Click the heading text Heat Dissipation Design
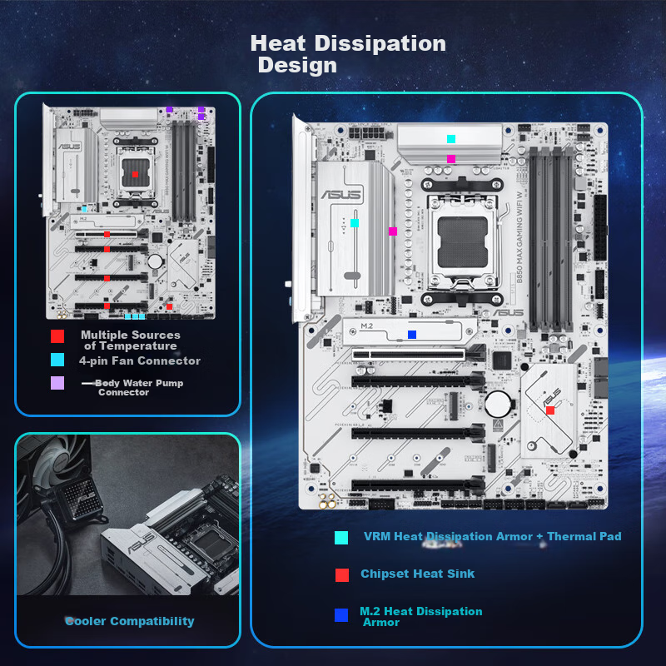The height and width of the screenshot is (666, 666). click(348, 53)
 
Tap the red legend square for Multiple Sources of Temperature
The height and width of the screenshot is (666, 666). click(57, 336)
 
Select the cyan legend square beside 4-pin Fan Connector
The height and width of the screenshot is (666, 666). click(57, 360)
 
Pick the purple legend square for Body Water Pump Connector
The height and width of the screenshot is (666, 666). click(57, 383)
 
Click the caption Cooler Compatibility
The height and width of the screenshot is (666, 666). click(130, 621)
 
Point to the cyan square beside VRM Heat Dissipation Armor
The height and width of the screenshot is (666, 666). click(341, 538)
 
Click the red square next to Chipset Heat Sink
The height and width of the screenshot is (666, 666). click(341, 574)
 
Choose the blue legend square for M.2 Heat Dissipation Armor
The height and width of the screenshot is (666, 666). click(341, 615)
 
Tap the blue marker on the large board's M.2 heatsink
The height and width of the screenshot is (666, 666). click(411, 335)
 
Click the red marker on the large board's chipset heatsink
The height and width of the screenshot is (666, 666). click(549, 410)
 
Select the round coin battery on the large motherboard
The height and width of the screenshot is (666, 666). click(498, 405)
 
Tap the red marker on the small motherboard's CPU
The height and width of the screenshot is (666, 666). click(135, 174)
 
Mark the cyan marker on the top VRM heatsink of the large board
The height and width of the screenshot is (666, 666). click(451, 138)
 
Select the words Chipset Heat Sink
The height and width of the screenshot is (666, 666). click(417, 574)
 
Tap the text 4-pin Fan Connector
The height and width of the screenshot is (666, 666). click(140, 360)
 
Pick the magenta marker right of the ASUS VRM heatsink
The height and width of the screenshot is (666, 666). click(393, 231)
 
